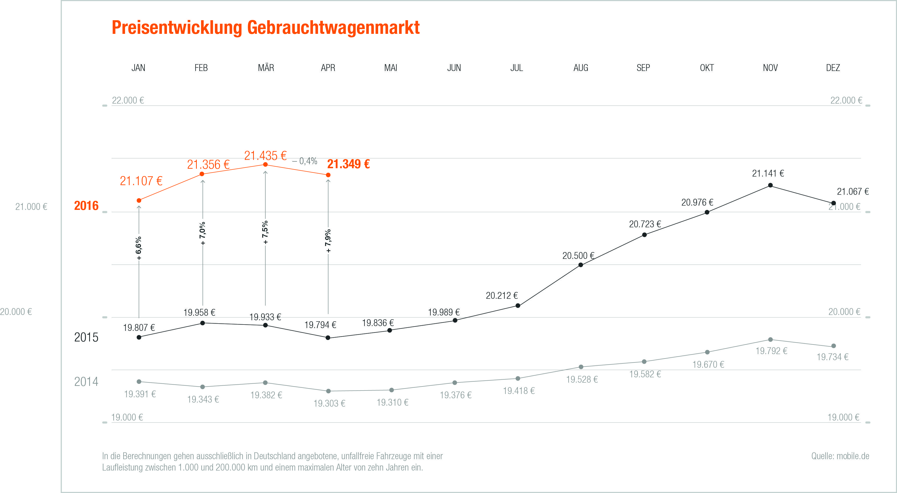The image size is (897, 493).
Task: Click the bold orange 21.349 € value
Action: (348, 164)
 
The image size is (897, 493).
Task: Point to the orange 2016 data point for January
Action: (139, 200)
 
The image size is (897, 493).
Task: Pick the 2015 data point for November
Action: (770, 185)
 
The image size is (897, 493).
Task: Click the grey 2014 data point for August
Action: (581, 367)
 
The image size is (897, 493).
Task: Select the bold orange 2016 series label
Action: (86, 206)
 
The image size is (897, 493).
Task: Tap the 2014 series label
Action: (86, 382)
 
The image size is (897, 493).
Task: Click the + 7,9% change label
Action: (328, 241)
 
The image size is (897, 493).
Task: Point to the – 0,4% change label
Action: (305, 161)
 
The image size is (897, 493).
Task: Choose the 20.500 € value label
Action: (578, 256)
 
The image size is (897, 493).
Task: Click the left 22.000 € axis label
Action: (128, 100)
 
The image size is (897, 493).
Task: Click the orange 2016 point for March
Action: (265, 164)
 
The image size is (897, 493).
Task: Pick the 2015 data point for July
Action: (518, 306)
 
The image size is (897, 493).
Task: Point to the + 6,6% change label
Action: (139, 248)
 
